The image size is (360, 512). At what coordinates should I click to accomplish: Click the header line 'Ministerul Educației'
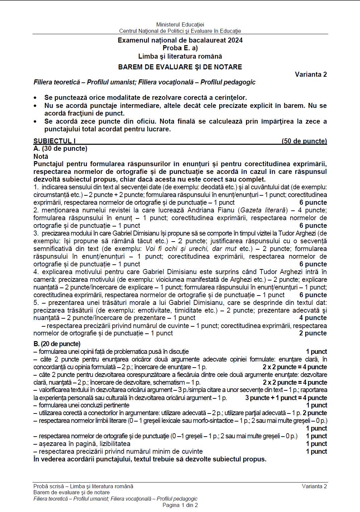pos(180,24)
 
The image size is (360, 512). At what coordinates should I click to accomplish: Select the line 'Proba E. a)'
pos(180,48)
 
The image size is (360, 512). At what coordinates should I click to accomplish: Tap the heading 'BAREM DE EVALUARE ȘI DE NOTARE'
pos(180,67)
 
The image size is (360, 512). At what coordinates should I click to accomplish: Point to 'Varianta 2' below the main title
pos(311,74)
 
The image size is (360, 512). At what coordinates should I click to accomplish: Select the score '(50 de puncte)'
pos(304,141)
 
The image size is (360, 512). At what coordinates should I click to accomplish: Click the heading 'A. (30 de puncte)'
pos(60,148)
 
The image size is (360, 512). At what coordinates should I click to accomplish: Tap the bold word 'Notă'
pos(41,156)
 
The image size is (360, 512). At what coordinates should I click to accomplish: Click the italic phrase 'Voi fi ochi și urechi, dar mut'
pos(191,249)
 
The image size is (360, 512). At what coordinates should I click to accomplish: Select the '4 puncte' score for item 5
pos(313,318)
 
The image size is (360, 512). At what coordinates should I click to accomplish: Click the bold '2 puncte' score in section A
pos(313,333)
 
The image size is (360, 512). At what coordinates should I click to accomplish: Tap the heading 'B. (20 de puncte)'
pos(57,344)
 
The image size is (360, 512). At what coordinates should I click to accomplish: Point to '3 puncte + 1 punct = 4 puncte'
pos(286,398)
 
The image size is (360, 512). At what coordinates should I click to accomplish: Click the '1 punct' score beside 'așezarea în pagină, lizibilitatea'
pos(316,444)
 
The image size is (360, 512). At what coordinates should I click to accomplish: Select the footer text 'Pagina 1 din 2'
pos(180,505)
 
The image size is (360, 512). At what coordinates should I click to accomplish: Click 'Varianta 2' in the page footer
pos(314,486)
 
